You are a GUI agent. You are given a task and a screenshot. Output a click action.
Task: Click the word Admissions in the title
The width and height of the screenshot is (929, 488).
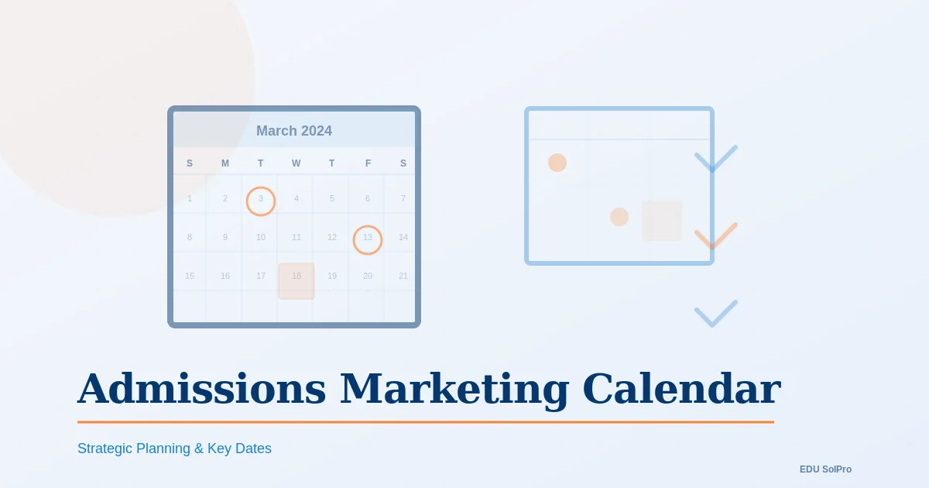(201, 389)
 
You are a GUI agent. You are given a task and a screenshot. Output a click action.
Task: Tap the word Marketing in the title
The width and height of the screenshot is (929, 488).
(454, 389)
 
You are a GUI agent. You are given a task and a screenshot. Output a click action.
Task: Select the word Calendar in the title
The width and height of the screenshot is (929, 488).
(681, 389)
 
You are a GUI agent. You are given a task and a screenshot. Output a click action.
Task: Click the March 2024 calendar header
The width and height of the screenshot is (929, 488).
(294, 131)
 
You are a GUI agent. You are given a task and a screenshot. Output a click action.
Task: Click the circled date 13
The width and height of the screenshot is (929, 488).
(368, 238)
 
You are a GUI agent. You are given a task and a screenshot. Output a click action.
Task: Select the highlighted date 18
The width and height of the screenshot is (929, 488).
(297, 277)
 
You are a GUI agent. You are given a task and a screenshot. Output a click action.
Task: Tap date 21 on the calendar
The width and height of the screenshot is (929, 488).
(403, 277)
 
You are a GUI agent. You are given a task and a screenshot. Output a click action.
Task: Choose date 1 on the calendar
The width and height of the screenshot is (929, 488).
(190, 199)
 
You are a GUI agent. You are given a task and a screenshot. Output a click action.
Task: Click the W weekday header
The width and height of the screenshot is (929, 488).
(297, 163)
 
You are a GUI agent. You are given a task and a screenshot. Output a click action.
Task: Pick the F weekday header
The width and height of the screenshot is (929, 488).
(368, 163)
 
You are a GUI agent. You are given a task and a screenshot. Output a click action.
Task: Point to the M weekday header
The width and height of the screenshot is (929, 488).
(225, 163)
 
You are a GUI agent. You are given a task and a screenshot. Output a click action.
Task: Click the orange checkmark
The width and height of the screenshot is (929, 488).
(715, 237)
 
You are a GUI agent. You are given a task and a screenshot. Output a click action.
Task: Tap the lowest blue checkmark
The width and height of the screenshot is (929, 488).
(715, 314)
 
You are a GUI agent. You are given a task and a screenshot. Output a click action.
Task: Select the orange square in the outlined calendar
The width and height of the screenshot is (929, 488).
(662, 221)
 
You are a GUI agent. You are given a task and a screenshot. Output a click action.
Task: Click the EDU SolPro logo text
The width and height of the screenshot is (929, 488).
(825, 469)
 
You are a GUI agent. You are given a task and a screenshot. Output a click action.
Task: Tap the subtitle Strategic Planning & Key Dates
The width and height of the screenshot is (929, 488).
(174, 448)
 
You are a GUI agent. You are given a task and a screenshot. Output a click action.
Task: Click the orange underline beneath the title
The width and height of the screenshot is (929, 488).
(426, 422)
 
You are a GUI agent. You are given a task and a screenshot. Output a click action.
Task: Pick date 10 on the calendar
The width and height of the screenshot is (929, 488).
(261, 238)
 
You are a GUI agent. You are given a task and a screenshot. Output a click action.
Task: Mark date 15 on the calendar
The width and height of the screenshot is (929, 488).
(190, 277)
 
